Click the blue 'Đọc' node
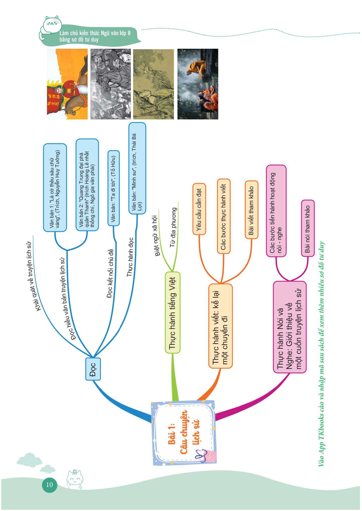click(x=93, y=369)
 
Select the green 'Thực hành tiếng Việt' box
click(x=173, y=312)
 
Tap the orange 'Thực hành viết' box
click(x=220, y=326)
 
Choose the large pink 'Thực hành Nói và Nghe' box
click(x=290, y=327)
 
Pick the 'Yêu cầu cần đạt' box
click(x=199, y=209)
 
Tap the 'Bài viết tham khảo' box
click(x=251, y=210)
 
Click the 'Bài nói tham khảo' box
click(x=307, y=228)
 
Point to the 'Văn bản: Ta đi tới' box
click(x=113, y=188)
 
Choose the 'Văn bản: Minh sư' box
click(x=137, y=168)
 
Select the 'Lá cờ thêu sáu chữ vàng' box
click(x=55, y=188)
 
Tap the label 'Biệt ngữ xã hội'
click(x=156, y=236)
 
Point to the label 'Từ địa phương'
click(x=174, y=227)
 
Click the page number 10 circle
click(x=50, y=484)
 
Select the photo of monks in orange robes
click(x=198, y=84)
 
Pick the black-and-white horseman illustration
click(x=111, y=84)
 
